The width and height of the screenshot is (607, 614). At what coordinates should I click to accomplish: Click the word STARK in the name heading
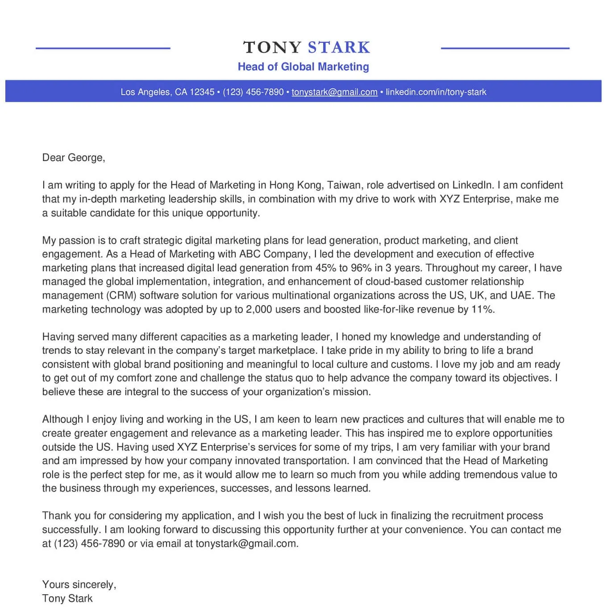click(339, 47)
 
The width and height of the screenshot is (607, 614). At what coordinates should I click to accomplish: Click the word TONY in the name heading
click(272, 47)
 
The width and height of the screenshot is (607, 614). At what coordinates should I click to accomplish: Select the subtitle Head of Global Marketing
click(303, 67)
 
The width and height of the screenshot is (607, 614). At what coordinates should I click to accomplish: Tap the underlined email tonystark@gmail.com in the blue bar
click(334, 92)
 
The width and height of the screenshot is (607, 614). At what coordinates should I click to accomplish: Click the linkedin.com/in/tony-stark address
click(436, 92)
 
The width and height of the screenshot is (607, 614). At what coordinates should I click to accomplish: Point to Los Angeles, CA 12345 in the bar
click(167, 92)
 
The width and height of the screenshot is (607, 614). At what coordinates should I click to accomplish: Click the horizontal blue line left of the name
click(103, 48)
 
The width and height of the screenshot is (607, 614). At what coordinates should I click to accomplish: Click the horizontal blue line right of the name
click(505, 48)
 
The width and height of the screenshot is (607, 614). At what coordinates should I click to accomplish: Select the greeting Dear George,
click(74, 158)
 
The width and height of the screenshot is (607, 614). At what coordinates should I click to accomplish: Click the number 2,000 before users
click(259, 309)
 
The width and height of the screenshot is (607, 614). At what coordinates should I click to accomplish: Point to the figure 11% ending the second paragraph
click(482, 309)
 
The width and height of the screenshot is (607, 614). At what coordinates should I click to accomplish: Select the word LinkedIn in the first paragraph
click(473, 185)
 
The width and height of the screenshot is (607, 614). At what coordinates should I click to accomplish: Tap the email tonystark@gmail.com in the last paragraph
click(246, 543)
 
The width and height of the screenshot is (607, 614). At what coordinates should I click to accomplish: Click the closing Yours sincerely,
click(79, 585)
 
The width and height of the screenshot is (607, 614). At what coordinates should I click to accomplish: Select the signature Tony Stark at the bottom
click(67, 598)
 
